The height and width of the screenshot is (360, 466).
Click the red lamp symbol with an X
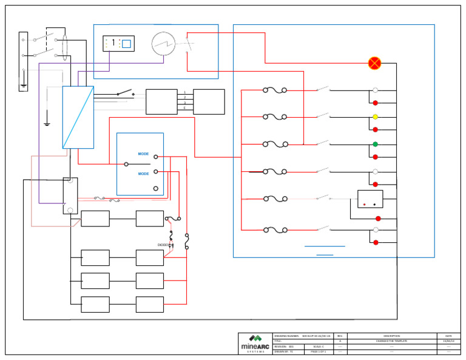[x=374, y=63]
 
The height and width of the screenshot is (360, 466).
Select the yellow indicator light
[x=375, y=117]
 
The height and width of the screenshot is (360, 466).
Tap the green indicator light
[x=375, y=144]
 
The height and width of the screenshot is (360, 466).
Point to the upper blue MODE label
[x=143, y=154]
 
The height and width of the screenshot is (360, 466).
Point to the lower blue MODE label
[x=143, y=174]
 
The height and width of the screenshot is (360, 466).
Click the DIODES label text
[x=164, y=245]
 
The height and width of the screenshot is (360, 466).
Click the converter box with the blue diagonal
[x=78, y=117]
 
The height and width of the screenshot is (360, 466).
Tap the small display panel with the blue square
[x=118, y=44]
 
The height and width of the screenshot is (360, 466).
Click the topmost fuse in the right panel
[x=275, y=90]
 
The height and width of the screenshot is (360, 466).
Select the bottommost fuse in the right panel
[x=275, y=230]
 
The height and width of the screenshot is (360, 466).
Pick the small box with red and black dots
[x=370, y=199]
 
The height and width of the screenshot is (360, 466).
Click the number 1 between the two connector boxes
[x=185, y=92]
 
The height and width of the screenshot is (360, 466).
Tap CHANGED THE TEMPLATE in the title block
[x=391, y=341]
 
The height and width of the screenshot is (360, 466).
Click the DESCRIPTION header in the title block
[x=391, y=336]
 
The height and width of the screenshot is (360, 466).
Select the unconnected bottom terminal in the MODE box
[x=156, y=189]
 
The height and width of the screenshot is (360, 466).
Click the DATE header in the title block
[x=448, y=336]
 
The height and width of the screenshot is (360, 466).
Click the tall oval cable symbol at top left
[x=64, y=46]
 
